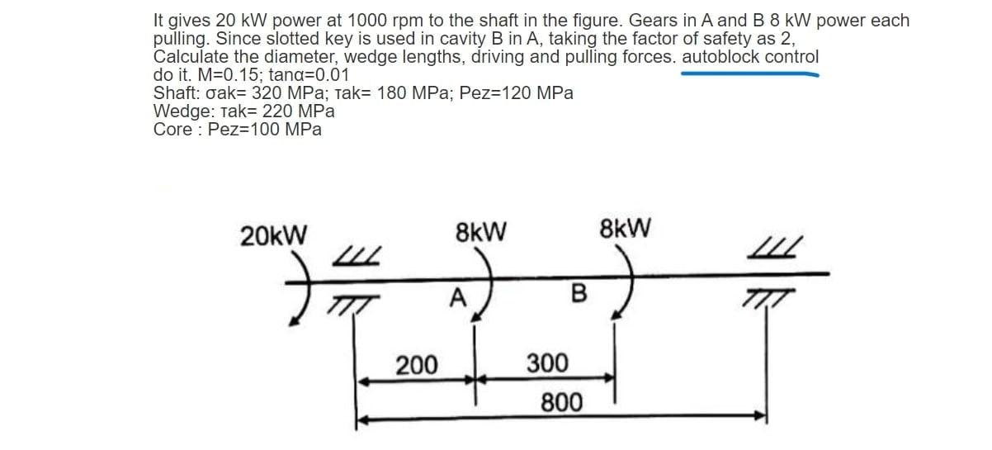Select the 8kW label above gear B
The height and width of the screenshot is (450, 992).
tap(627, 227)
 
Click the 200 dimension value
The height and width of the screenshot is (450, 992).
tap(418, 364)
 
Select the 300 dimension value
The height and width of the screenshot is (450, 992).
tap(547, 363)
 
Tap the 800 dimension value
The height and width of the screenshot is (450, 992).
tap(561, 402)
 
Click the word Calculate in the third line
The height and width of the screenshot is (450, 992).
tap(191, 58)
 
